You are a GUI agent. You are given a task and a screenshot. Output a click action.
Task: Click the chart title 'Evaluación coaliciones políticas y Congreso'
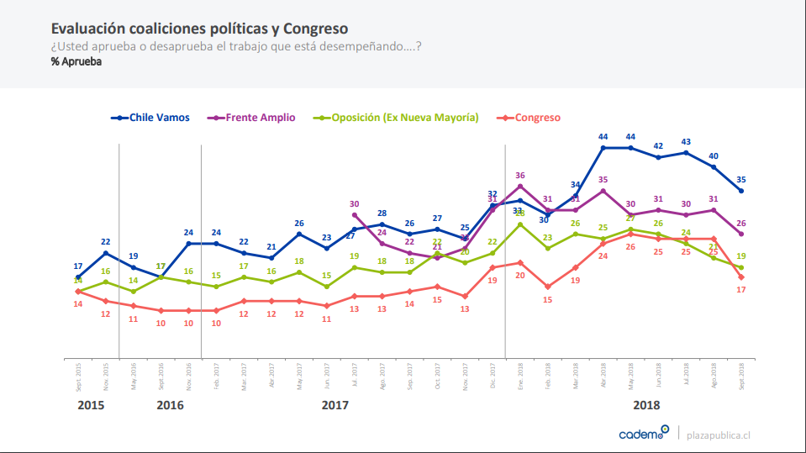pos(200,29)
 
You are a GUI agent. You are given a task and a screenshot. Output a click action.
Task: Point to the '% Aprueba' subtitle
pos(76,61)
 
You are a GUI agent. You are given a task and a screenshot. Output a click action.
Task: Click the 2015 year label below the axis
pos(91,405)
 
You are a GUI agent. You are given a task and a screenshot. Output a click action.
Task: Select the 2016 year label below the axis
pos(170,405)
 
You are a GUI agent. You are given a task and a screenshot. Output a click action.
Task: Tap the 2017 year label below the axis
pos(335,405)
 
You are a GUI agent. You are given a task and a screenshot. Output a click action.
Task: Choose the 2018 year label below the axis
pos(646,405)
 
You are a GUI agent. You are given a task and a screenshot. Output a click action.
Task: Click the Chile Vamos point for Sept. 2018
pos(741,191)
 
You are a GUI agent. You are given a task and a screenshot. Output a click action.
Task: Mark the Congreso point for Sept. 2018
pos(741,277)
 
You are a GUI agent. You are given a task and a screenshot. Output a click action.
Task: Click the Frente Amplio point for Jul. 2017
pos(355,214)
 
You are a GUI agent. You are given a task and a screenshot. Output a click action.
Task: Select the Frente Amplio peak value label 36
pos(520,176)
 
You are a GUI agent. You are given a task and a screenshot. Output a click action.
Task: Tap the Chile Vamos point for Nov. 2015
pos(105,253)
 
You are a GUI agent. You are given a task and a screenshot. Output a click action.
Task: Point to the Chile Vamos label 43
pos(686,142)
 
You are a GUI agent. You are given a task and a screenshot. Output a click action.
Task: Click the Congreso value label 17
pos(741,289)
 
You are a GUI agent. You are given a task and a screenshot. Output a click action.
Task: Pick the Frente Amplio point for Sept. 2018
pos(741,234)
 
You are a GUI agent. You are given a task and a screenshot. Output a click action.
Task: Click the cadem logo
pos(643,433)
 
